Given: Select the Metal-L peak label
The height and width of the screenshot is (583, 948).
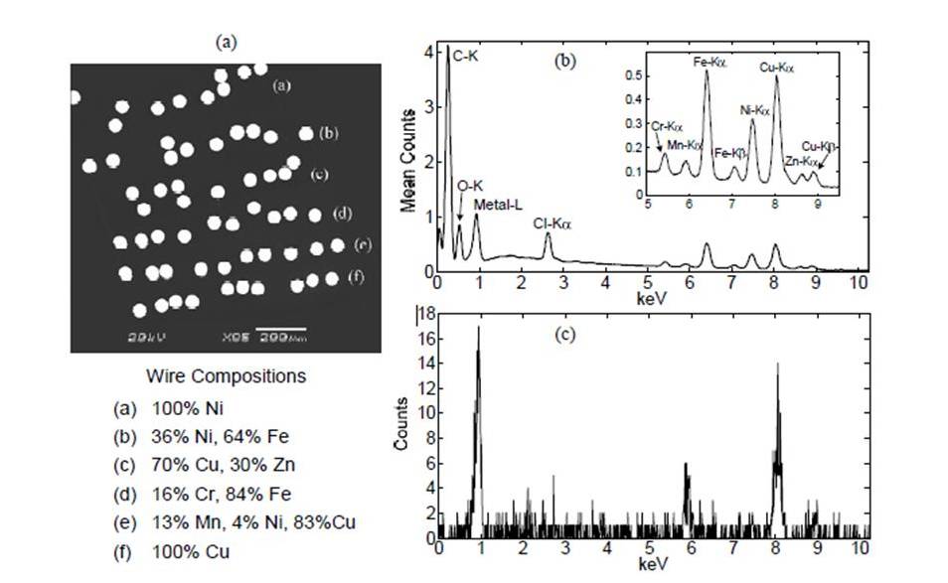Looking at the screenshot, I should point(495,206).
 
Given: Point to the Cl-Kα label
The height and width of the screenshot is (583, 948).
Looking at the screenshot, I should point(553,224).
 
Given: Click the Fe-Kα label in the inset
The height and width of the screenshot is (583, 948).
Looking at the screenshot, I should point(711,62).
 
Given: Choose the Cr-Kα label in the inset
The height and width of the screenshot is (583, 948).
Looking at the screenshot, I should point(667,126).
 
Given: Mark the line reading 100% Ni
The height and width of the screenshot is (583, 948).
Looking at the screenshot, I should point(181,407).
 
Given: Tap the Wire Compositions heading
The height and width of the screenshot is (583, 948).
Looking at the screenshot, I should point(226,376).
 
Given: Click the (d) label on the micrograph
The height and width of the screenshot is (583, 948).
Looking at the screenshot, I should point(342,213).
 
